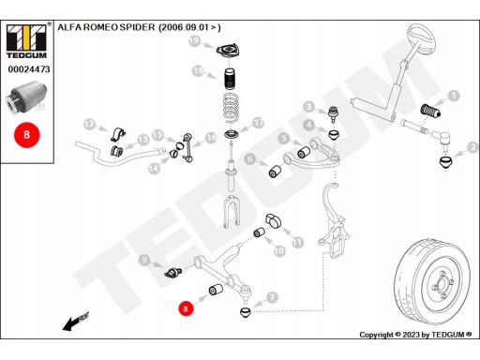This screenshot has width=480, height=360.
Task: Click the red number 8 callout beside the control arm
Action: [186, 308]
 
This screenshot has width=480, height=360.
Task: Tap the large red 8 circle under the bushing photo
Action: [26, 135]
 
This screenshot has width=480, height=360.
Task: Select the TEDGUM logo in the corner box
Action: [26, 41]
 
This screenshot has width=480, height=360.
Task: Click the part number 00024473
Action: [29, 69]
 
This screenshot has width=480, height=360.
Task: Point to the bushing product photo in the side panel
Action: [26, 97]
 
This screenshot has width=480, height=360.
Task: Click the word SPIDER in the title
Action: [137, 27]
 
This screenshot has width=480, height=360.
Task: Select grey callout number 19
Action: [194, 41]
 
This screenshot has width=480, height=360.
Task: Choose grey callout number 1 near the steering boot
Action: [454, 96]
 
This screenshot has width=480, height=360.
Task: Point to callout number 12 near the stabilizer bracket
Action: [89, 125]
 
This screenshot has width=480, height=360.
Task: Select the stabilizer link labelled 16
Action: [187, 147]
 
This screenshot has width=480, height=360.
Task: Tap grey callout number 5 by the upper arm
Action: [284, 138]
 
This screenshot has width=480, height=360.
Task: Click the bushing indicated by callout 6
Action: [275, 172]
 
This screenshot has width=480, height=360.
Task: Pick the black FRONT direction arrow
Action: [76, 322]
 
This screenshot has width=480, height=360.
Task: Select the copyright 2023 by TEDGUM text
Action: [415, 335]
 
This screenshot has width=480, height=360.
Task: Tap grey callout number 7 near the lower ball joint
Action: [272, 297]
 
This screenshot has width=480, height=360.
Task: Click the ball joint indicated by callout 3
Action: [334, 114]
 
